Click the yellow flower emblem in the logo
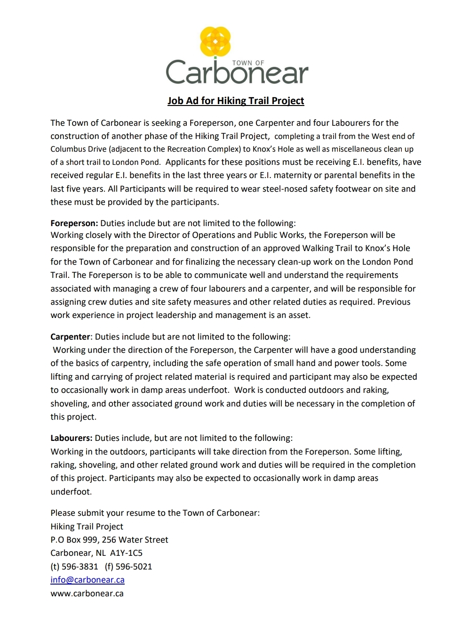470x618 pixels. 215,41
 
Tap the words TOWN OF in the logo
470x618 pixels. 248,63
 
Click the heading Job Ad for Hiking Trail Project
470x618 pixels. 236,101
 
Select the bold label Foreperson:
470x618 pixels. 74,223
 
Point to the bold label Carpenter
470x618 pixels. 70,337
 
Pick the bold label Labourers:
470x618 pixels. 72,438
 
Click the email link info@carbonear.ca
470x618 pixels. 88,580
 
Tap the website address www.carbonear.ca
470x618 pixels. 87,594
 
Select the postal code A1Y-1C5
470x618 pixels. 126,553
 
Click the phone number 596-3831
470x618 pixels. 80,567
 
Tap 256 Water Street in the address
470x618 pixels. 135,540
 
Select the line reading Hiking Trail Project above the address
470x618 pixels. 87,527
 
